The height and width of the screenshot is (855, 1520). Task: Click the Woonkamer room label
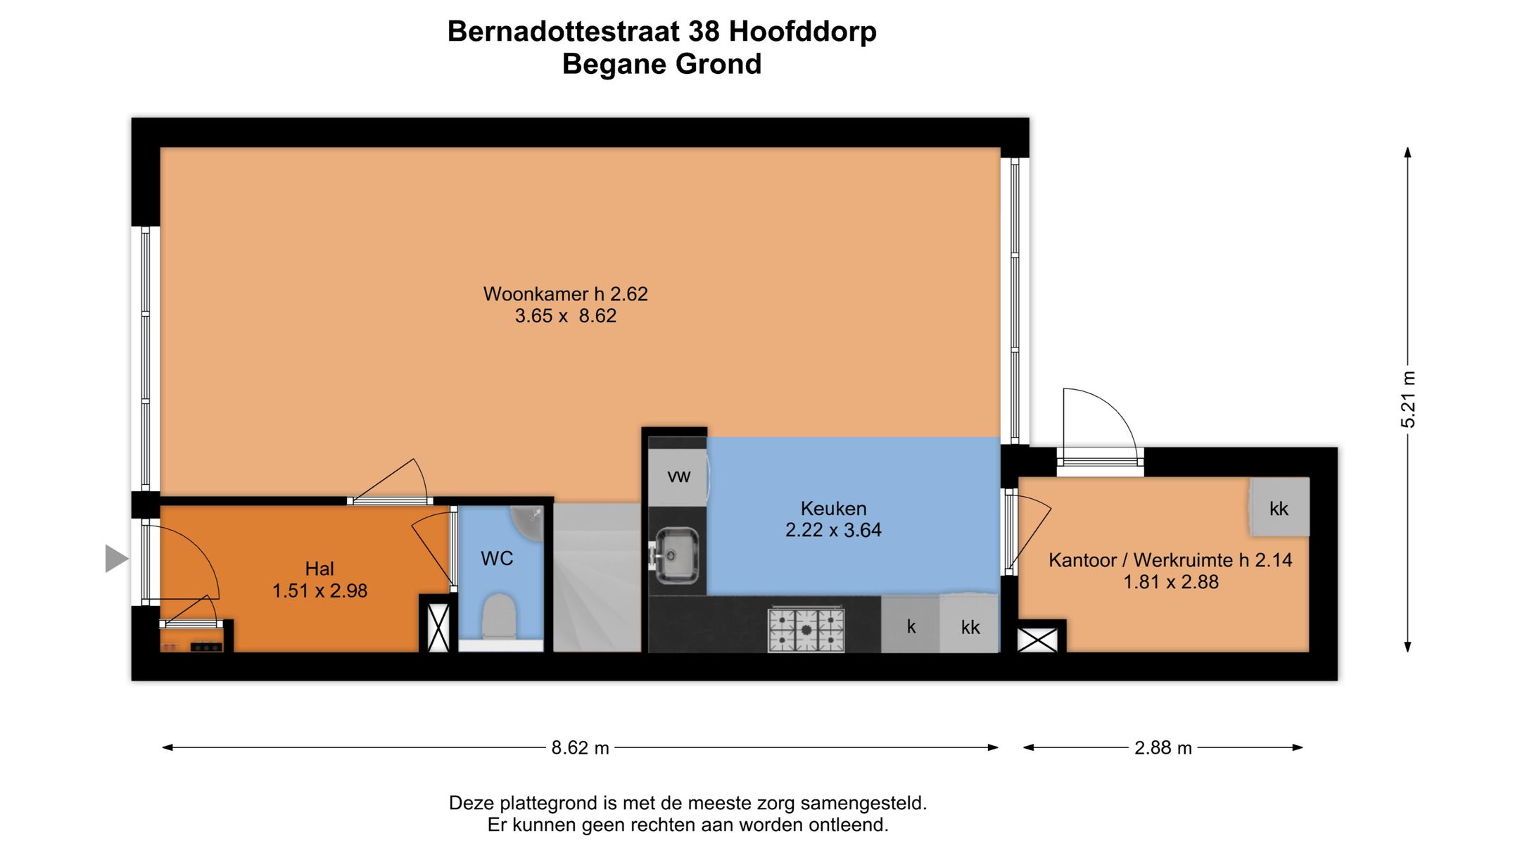(565, 294)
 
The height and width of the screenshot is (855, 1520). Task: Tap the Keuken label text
(833, 509)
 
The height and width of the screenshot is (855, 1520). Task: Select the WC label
(497, 559)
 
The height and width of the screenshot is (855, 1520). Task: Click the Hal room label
(319, 569)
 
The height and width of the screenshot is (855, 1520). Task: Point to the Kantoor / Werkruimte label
(1170, 560)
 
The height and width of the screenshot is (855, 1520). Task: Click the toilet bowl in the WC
(499, 616)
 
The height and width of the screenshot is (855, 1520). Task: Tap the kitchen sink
(676, 555)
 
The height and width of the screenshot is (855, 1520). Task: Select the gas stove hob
(806, 628)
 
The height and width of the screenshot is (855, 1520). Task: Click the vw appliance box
(678, 476)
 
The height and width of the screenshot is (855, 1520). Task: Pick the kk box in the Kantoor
(1279, 508)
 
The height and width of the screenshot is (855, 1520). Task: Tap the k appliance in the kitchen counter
(911, 626)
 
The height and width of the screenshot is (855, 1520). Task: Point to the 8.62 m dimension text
(580, 747)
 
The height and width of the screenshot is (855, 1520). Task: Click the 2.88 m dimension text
(1163, 747)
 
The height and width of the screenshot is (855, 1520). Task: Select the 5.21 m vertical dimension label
(1407, 399)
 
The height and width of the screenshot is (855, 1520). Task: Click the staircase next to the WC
(597, 577)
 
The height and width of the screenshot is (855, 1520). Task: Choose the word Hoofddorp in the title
(802, 32)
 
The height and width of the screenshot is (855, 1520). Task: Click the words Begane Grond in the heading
(661, 64)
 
